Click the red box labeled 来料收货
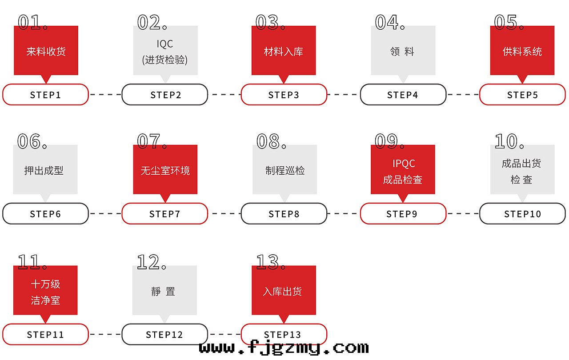(46, 51)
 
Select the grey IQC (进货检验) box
(165, 51)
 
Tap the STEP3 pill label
(284, 95)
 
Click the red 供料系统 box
(522, 51)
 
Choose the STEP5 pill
(522, 95)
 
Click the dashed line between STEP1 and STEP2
(105, 95)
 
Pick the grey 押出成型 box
(45, 170)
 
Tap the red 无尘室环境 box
(165, 170)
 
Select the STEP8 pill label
(284, 214)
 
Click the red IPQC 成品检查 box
(403, 170)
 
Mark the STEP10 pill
(522, 214)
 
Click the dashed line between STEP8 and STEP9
(343, 214)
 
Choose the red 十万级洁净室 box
(45, 291)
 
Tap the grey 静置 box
(164, 291)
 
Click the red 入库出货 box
(284, 291)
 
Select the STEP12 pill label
(164, 335)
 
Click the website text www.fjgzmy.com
(284, 348)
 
